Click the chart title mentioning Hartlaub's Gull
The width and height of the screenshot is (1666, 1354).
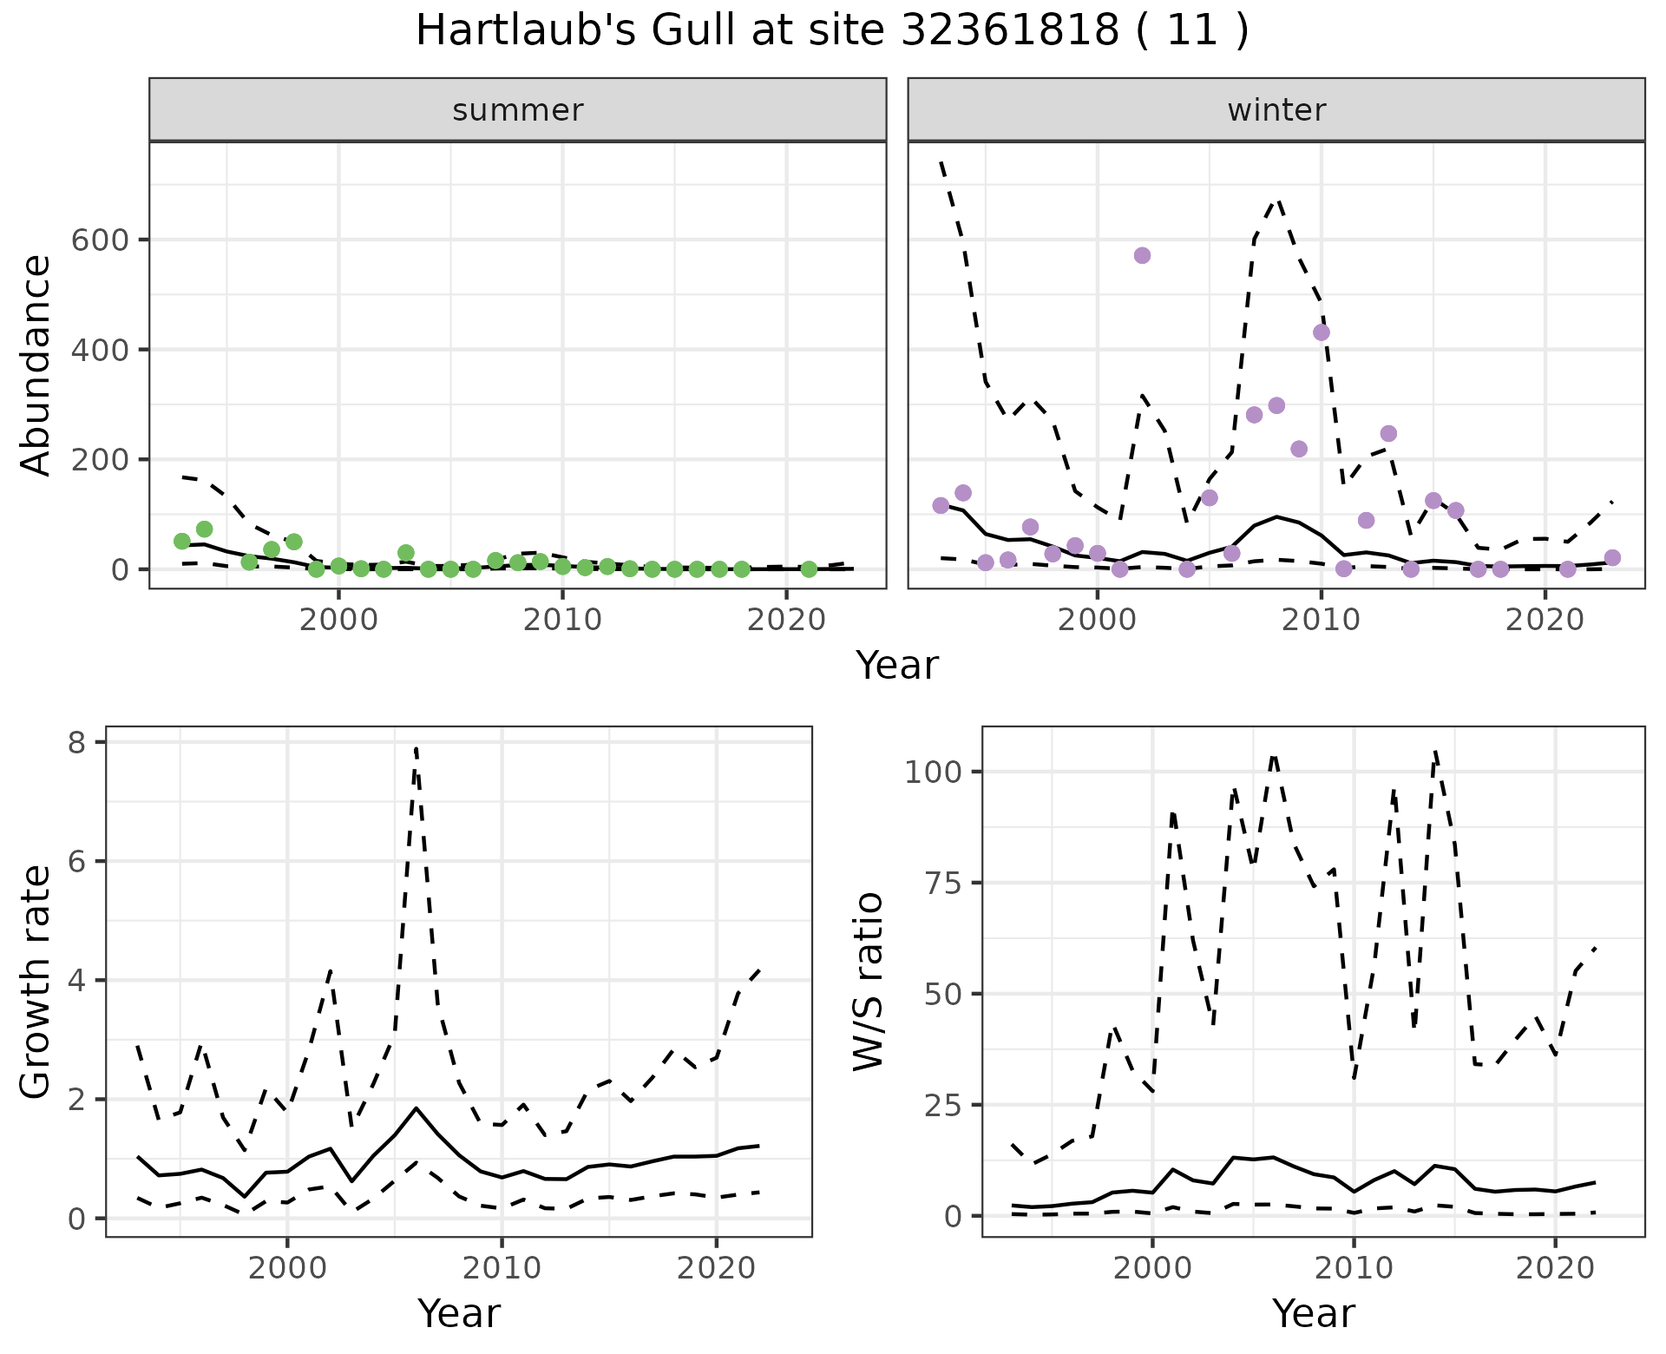pyautogui.click(x=832, y=31)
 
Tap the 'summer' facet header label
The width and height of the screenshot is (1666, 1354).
pyautogui.click(x=518, y=110)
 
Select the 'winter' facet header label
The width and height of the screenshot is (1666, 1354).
pyautogui.click(x=1276, y=110)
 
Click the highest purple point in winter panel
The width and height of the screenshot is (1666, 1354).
pyautogui.click(x=1142, y=255)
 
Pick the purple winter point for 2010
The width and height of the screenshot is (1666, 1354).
pyautogui.click(x=1322, y=332)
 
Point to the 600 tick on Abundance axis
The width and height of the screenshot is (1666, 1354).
pyautogui.click(x=98, y=240)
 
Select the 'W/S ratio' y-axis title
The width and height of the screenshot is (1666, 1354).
pyautogui.click(x=868, y=982)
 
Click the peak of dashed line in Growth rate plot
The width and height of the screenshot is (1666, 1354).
pyautogui.click(x=416, y=746)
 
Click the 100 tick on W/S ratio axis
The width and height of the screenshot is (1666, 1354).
pyautogui.click(x=934, y=772)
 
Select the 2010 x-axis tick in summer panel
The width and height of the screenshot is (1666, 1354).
pyautogui.click(x=562, y=620)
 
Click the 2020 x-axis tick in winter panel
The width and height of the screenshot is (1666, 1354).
pyautogui.click(x=1545, y=620)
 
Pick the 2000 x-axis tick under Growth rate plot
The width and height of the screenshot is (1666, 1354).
pyautogui.click(x=287, y=1268)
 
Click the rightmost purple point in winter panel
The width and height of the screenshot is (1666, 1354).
pyautogui.click(x=1612, y=558)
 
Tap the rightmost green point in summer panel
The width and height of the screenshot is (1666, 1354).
pyautogui.click(x=809, y=569)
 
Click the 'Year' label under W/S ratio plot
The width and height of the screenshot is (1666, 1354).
pyautogui.click(x=1313, y=1314)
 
